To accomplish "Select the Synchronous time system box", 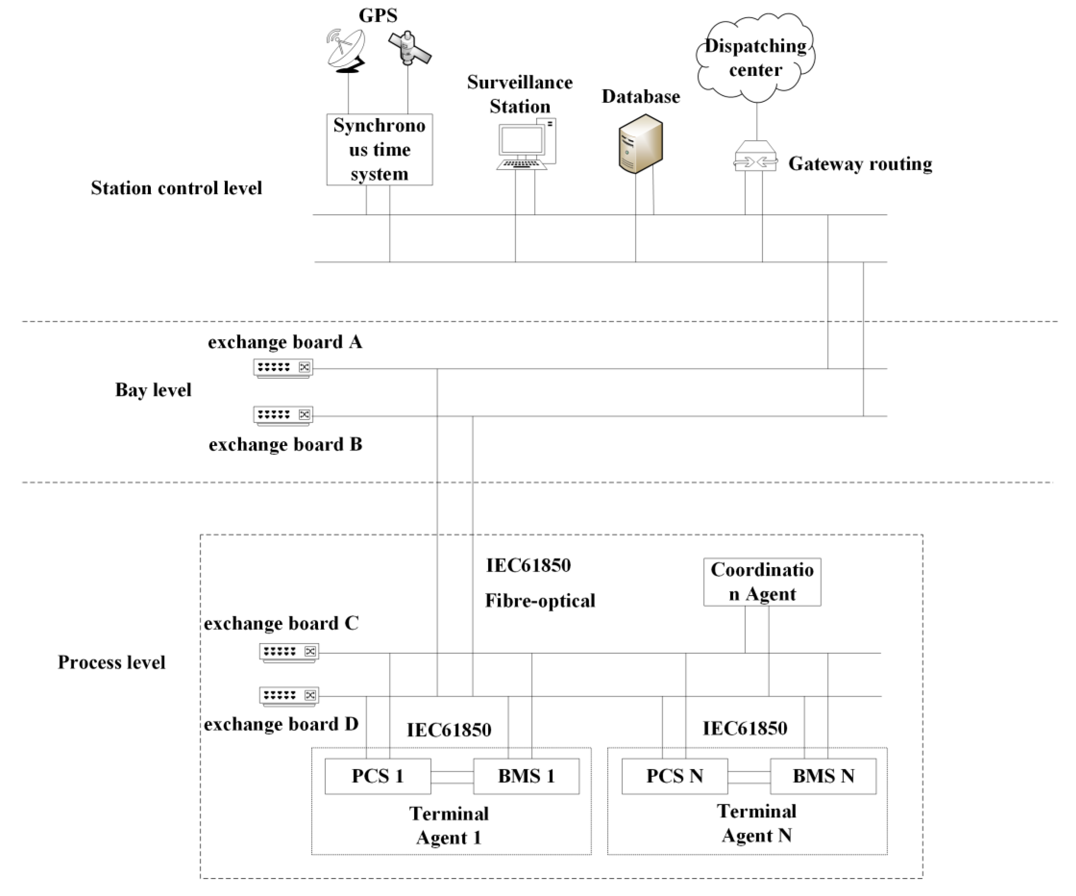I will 379,150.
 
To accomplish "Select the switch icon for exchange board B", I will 283,415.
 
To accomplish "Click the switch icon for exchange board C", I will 289,653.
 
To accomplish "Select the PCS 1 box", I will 378,776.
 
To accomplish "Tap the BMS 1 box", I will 526,776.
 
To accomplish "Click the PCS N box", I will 674,776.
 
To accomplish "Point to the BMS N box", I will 823,776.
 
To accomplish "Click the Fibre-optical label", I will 540,600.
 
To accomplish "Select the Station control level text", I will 176,188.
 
